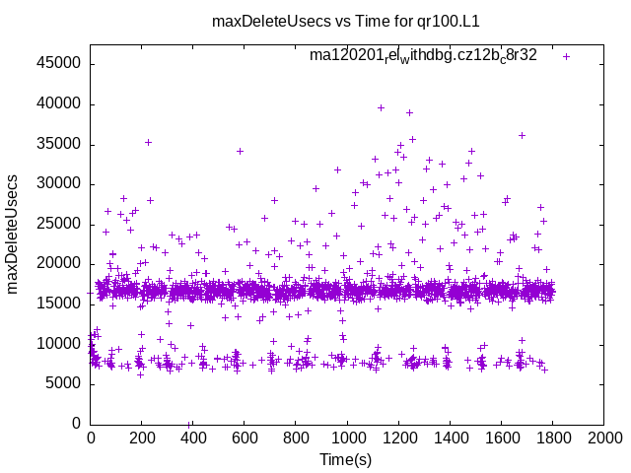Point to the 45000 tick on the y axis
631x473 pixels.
(60, 64)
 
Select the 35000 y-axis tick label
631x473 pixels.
(60, 144)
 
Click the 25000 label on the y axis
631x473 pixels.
(60, 224)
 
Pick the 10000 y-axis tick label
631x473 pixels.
(60, 343)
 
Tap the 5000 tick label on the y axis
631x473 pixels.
(64, 383)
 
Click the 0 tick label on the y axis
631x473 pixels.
(77, 423)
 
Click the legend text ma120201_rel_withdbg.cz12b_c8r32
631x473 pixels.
(423, 55)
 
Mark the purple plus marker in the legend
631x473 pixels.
(566, 56)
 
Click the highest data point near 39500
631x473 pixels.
(381, 107)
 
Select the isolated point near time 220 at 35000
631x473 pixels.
(148, 142)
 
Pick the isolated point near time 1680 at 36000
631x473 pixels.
(522, 135)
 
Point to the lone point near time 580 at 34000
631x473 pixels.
(240, 151)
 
